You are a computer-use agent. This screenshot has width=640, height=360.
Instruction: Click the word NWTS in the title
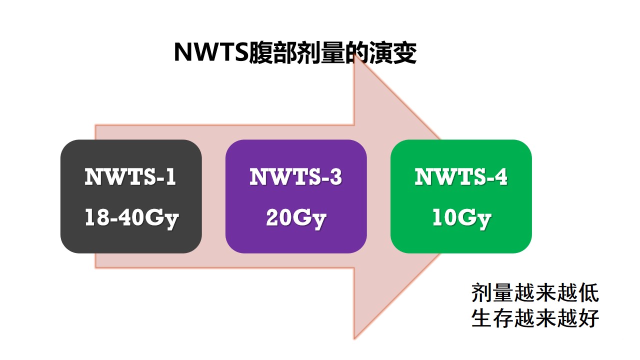click(x=211, y=52)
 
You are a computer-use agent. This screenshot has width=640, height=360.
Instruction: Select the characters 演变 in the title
click(x=393, y=52)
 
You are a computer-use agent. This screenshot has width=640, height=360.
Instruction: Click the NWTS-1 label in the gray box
click(x=130, y=176)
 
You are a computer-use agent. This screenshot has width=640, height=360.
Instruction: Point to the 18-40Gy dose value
click(x=131, y=218)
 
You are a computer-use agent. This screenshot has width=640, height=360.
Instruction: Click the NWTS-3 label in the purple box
click(x=295, y=176)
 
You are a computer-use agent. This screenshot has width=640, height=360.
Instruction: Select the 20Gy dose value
click(x=296, y=218)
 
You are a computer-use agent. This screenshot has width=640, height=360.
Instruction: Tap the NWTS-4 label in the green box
click(x=461, y=176)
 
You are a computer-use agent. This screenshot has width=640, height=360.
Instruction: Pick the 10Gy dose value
click(x=461, y=218)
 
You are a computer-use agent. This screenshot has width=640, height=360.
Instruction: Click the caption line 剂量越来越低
click(x=535, y=293)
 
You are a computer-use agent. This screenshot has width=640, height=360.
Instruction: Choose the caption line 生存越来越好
click(x=535, y=317)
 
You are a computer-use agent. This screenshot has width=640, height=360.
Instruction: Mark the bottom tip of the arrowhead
click(x=354, y=339)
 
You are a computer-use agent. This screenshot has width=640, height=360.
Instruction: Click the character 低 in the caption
click(x=588, y=293)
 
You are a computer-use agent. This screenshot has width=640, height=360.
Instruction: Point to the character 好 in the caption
click(x=588, y=317)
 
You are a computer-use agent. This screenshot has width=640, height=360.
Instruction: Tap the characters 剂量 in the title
click(x=321, y=52)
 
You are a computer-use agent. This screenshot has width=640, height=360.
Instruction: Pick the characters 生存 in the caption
click(x=492, y=317)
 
